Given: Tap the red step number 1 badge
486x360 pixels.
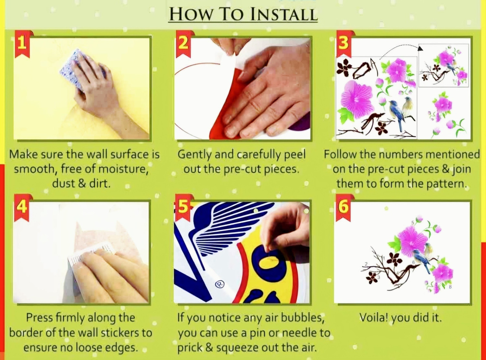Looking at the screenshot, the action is coord(22,44).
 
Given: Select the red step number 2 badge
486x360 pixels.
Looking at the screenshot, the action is coord(184,44).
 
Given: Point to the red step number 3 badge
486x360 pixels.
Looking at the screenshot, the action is coord(344,44).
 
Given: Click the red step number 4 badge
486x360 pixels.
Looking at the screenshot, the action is coord(21,207).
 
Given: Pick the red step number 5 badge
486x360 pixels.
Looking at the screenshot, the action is coord(183,207).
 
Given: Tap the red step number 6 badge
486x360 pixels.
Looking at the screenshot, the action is coord(343,207).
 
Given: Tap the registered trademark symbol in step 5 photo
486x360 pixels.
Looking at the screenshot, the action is coord(219,284).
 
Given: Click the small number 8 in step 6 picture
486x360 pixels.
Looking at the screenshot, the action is coord(450,287).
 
